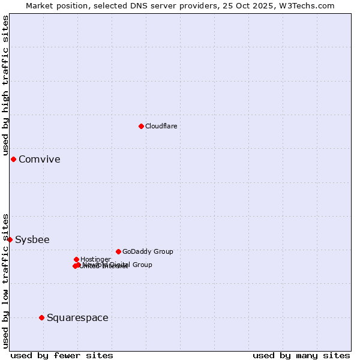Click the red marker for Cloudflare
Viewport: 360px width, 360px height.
tap(141, 126)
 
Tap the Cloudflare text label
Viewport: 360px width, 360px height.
tap(161, 126)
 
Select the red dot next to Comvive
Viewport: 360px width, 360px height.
tap(13, 159)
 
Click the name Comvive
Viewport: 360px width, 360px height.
tap(39, 159)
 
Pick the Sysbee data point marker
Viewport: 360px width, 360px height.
tap(10, 239)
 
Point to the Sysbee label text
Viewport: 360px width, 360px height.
tap(32, 239)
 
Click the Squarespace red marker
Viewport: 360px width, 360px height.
tap(41, 317)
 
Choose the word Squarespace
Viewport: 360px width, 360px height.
tap(77, 317)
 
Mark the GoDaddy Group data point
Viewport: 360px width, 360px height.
tap(118, 251)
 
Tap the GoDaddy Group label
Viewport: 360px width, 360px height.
tap(148, 251)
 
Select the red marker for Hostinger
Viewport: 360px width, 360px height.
tap(76, 259)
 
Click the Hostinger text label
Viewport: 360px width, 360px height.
tap(95, 259)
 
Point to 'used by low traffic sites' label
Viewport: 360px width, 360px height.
tap(5, 280)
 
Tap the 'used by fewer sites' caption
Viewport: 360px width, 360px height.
tap(62, 355)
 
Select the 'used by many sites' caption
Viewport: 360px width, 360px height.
tap(301, 355)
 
